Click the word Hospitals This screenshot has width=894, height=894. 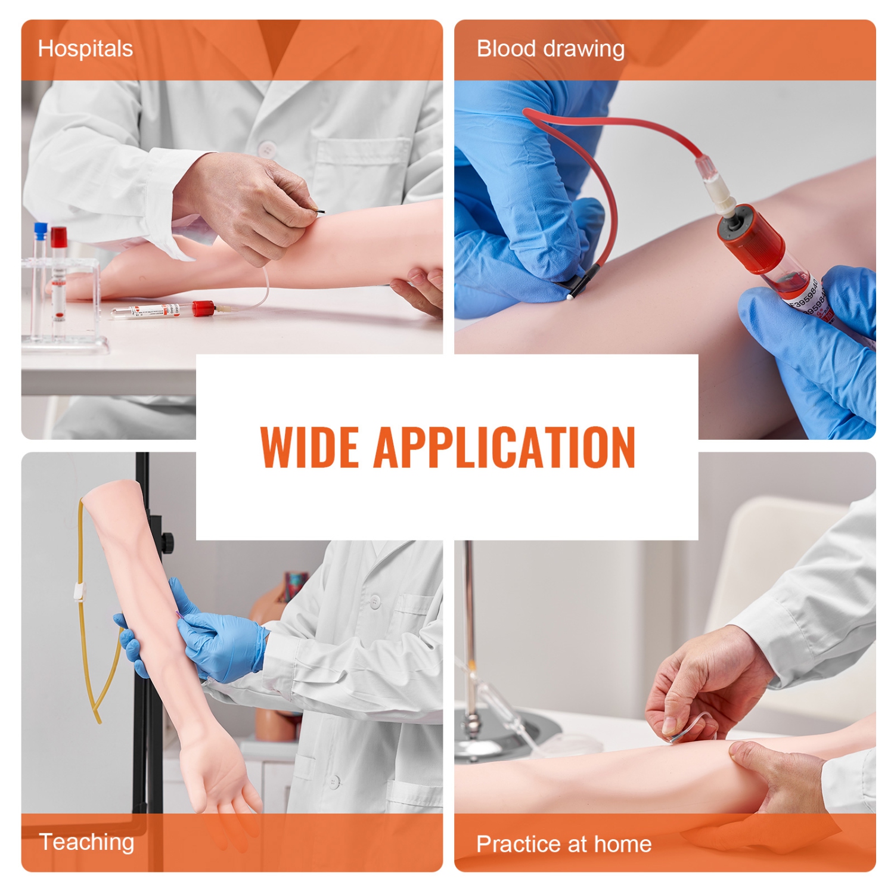point(85,49)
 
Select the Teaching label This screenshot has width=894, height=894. point(86,842)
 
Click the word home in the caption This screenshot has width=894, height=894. point(622,844)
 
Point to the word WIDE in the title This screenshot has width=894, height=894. point(309,447)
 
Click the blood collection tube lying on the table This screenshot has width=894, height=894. point(161,311)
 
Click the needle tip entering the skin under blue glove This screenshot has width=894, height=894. point(571,293)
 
